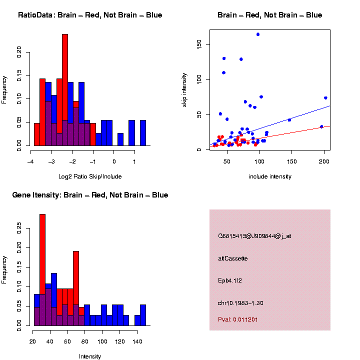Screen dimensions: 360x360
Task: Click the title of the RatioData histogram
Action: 90,15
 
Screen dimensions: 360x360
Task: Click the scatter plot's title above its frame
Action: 269,15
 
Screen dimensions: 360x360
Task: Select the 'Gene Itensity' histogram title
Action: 90,195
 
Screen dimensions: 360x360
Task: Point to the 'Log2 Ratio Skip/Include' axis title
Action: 90,176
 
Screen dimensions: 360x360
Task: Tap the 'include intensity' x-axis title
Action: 270,176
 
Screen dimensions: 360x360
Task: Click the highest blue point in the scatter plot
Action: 258,34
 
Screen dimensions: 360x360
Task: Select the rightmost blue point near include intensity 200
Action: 325,98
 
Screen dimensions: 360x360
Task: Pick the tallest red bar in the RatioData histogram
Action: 65,90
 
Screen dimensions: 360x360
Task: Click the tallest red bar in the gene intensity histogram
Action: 42,270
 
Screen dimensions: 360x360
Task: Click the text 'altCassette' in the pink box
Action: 233,258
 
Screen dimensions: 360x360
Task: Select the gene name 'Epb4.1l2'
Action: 230,280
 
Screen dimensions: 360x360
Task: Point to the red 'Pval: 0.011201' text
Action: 238,319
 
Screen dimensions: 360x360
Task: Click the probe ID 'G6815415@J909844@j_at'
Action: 254,236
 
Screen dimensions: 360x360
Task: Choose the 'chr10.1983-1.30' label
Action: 241,303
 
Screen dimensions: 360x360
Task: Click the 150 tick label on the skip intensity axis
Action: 199,44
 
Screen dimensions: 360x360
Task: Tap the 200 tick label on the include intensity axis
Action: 324,160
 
